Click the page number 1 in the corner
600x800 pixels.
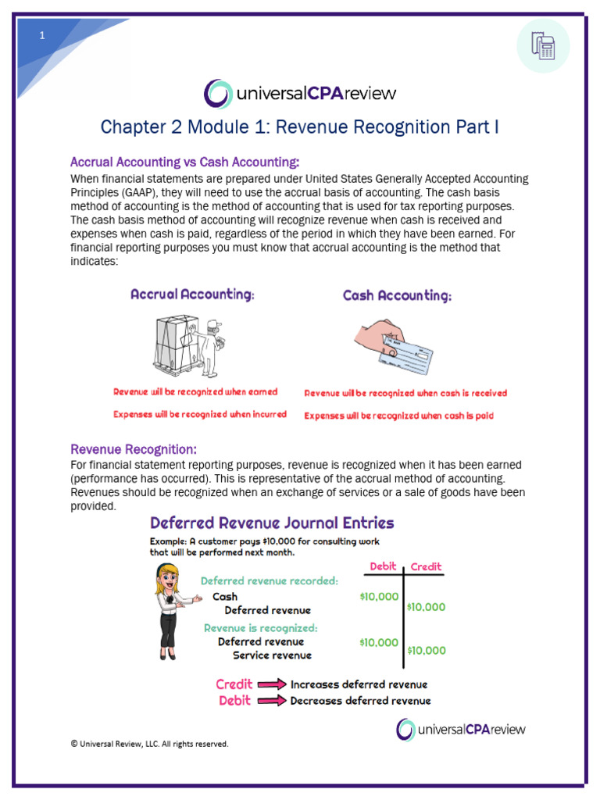pyautogui.click(x=43, y=36)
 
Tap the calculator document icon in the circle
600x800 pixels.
pyautogui.click(x=543, y=46)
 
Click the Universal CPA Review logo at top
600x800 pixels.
pyautogui.click(x=300, y=94)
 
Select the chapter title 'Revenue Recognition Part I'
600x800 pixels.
pyautogui.click(x=300, y=127)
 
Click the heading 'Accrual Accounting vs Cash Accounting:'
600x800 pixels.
pyautogui.click(x=184, y=162)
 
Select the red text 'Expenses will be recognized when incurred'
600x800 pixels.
pyautogui.click(x=200, y=414)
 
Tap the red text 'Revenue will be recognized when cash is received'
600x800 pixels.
pyautogui.click(x=405, y=393)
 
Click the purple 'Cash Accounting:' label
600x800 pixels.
pyautogui.click(x=397, y=296)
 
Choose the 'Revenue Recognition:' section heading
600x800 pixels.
pyautogui.click(x=134, y=449)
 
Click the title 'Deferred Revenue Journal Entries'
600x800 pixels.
pyautogui.click(x=272, y=523)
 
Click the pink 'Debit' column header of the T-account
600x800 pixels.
pyautogui.click(x=383, y=566)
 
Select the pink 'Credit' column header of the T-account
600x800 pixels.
pyautogui.click(x=426, y=566)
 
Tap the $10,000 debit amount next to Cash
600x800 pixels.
pyautogui.click(x=379, y=597)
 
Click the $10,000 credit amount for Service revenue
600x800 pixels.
pyautogui.click(x=427, y=650)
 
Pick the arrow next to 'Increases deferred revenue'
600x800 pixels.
pyautogui.click(x=273, y=684)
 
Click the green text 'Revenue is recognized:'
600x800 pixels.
pyautogui.click(x=260, y=628)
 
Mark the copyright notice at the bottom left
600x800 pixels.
pyautogui.click(x=149, y=744)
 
